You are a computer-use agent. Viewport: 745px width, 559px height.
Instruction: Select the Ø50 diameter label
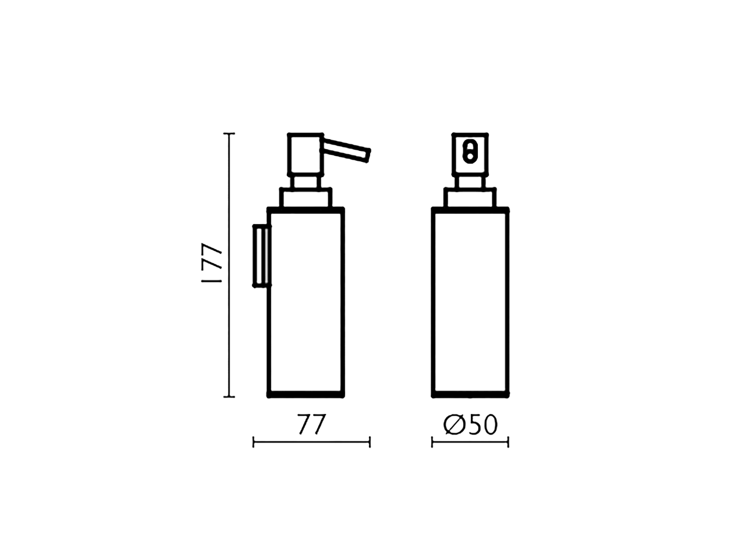(470, 425)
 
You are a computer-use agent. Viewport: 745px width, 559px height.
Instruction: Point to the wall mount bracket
(261, 256)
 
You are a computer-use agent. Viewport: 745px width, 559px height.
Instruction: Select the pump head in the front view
(470, 154)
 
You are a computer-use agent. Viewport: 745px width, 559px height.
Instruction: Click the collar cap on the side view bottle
(306, 197)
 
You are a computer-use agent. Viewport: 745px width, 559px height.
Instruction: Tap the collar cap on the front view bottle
(470, 197)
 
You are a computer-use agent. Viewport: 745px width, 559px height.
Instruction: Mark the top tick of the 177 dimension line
(229, 134)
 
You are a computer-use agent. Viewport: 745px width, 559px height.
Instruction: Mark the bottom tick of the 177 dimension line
(229, 397)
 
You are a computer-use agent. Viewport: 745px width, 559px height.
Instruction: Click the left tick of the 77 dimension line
(254, 443)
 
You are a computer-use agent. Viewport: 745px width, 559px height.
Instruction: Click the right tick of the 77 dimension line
(370, 443)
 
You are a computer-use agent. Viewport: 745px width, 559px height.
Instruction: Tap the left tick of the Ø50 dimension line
(432, 443)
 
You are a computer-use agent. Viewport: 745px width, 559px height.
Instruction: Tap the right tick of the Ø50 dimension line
(508, 443)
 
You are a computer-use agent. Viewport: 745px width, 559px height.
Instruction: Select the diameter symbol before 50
(453, 425)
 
